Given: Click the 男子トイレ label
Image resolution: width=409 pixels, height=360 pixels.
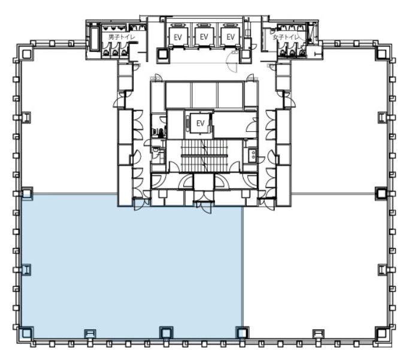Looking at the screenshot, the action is [122, 37].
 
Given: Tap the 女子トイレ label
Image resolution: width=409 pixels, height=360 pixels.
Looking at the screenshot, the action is [286, 37].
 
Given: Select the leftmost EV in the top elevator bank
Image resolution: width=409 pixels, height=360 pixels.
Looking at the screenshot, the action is [178, 37].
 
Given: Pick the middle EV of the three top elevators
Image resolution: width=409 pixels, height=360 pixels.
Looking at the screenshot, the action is [204, 37].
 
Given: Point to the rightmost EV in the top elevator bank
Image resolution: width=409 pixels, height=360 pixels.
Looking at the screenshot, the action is [231, 37].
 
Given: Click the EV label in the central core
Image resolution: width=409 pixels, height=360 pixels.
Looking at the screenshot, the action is [201, 123].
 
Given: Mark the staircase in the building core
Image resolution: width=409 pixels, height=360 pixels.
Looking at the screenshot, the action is [204, 156].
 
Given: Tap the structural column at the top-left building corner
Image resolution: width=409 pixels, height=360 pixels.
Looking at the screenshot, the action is [26, 54].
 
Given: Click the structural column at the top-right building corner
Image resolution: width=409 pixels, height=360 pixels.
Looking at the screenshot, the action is [381, 54].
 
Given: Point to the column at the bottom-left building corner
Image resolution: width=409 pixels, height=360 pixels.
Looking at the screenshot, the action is [26, 333].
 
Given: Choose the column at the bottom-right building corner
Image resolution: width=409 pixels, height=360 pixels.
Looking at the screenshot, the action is [381, 333].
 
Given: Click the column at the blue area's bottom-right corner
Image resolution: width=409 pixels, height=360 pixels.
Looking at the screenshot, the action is [241, 332].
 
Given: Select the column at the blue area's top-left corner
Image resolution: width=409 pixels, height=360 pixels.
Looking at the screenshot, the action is [27, 193].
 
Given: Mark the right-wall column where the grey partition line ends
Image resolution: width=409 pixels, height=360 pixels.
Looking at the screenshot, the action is [381, 193].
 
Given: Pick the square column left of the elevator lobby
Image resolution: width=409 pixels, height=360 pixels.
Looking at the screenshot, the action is [163, 55].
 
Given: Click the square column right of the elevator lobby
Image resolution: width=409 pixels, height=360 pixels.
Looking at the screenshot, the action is [245, 55].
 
